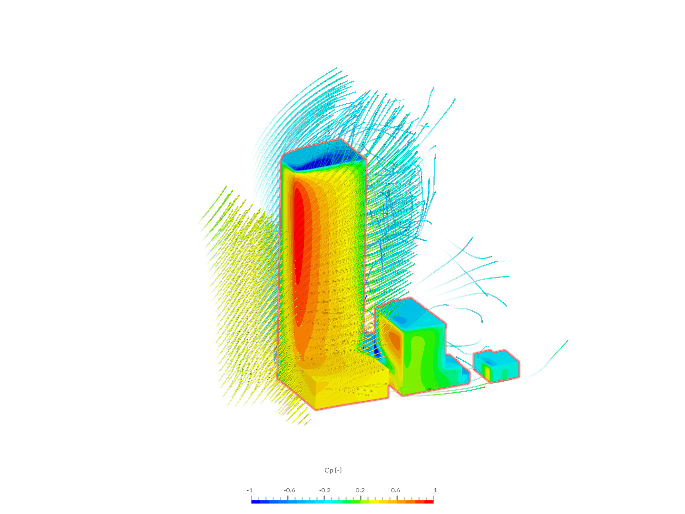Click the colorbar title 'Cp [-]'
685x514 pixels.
(x=333, y=470)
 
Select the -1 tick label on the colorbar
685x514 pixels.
(x=249, y=490)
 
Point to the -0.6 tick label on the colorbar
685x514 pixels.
(x=289, y=490)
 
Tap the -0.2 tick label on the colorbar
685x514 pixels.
(x=324, y=490)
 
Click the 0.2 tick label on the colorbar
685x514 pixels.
(x=360, y=490)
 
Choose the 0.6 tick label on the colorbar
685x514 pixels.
(x=395, y=490)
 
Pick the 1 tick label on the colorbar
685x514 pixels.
(x=435, y=490)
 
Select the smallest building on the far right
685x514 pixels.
(x=496, y=366)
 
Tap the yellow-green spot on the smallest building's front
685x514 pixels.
(x=487, y=370)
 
